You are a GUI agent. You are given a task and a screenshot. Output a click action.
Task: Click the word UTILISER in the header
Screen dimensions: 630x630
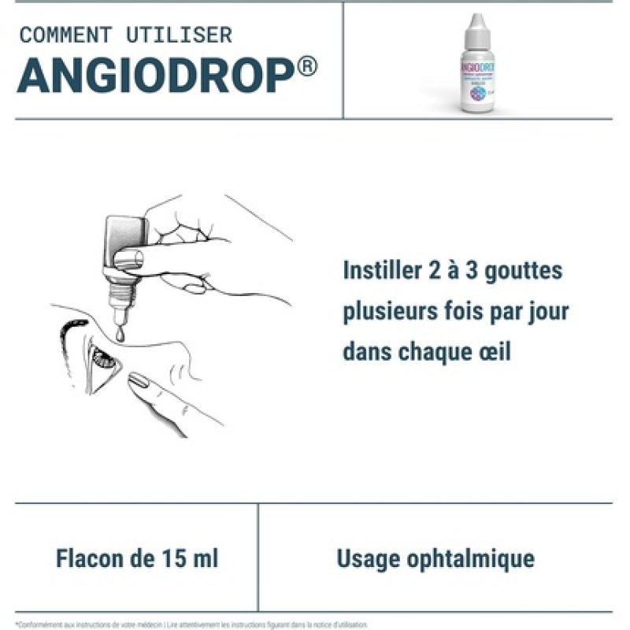click(179, 35)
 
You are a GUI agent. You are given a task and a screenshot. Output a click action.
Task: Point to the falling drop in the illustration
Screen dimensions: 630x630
click(120, 334)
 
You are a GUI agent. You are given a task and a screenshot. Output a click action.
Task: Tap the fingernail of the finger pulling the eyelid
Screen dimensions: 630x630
click(139, 383)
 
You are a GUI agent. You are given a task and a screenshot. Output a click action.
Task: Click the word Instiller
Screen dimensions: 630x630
click(377, 271)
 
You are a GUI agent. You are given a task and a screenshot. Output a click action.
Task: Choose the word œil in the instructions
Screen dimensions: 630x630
click(493, 351)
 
